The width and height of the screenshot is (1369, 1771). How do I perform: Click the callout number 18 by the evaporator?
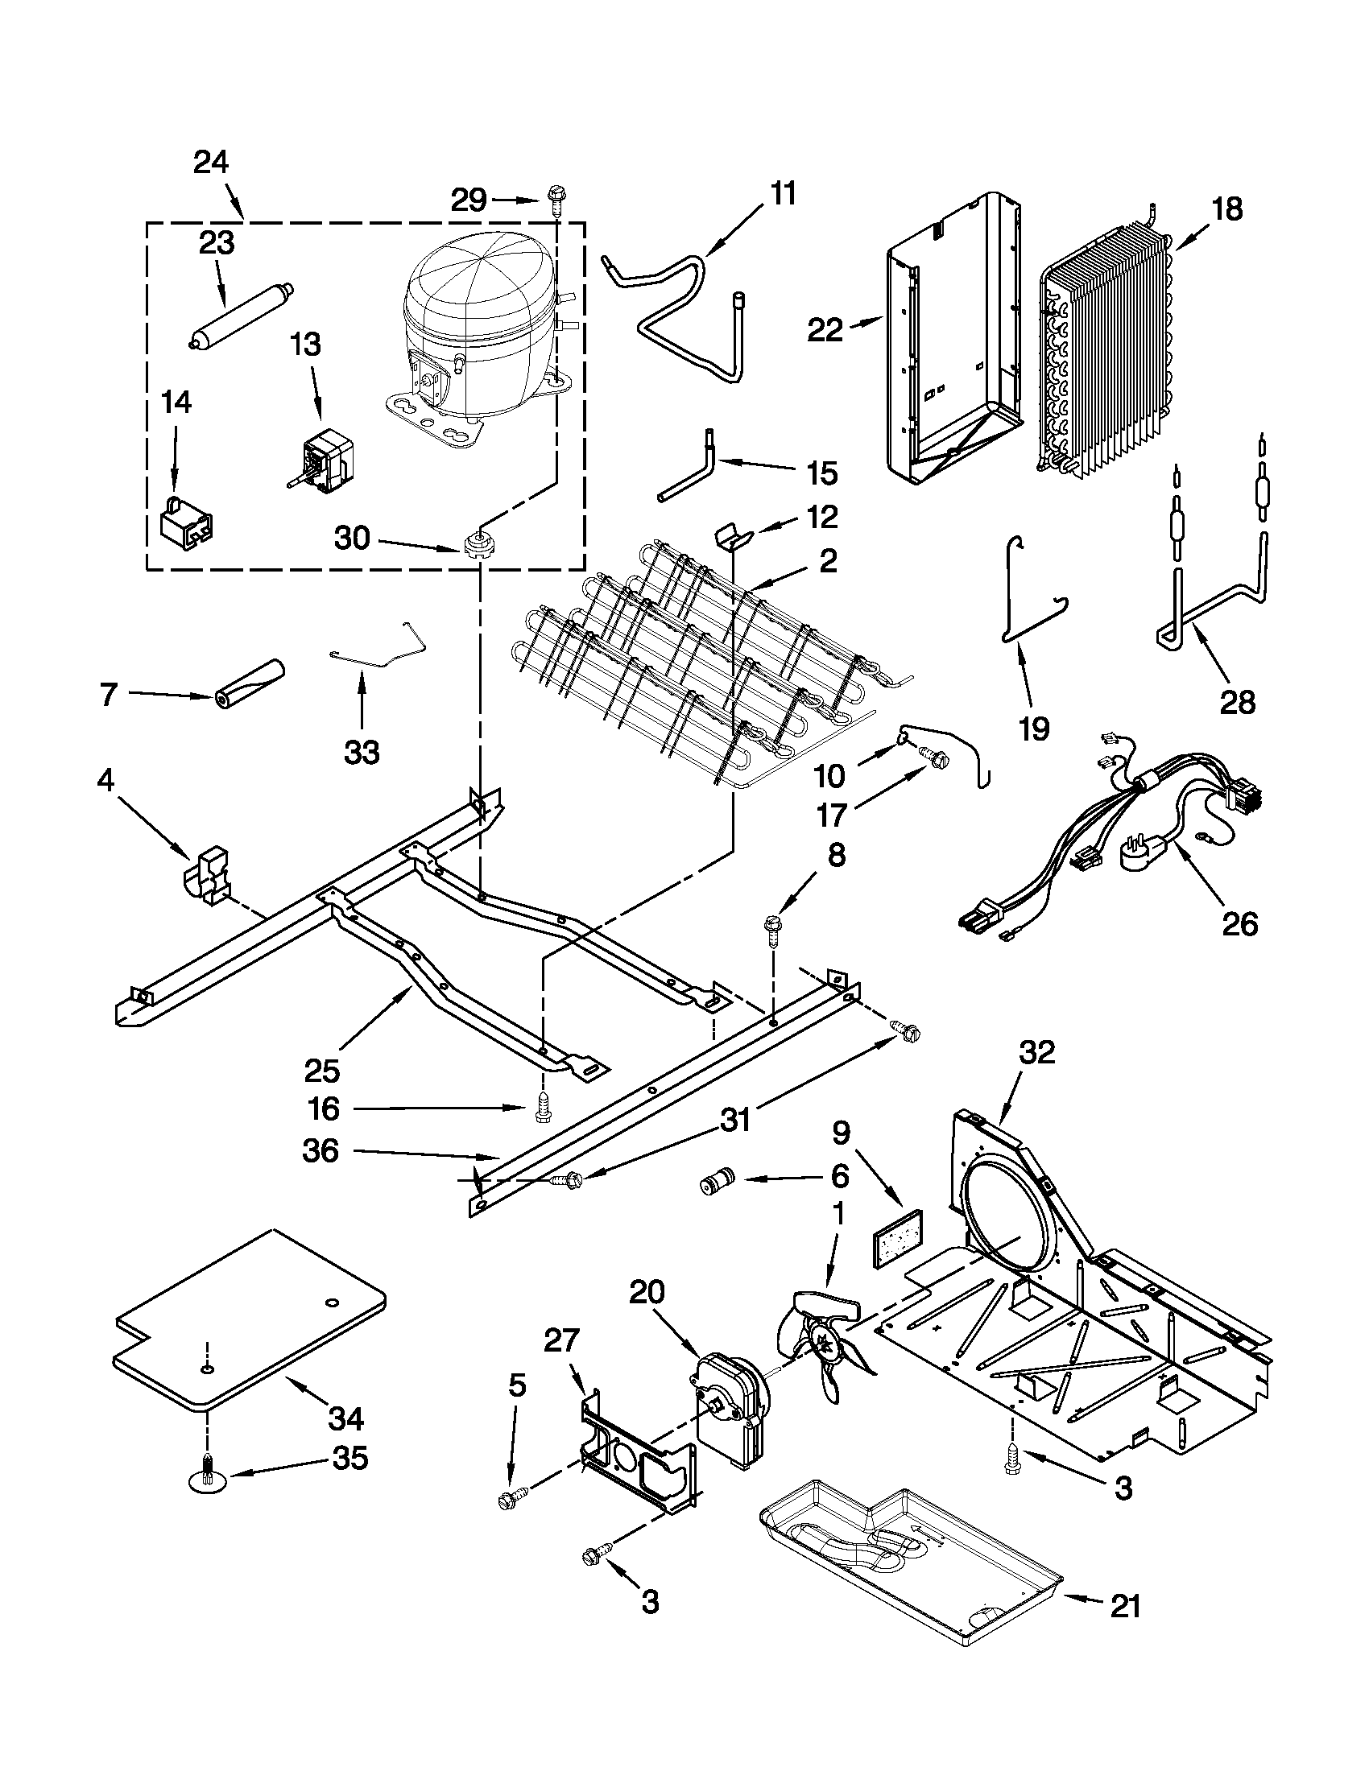(x=1227, y=209)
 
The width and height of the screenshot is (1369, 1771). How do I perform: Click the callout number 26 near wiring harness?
(x=1239, y=923)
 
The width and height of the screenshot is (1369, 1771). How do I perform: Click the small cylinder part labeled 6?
(x=715, y=1184)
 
